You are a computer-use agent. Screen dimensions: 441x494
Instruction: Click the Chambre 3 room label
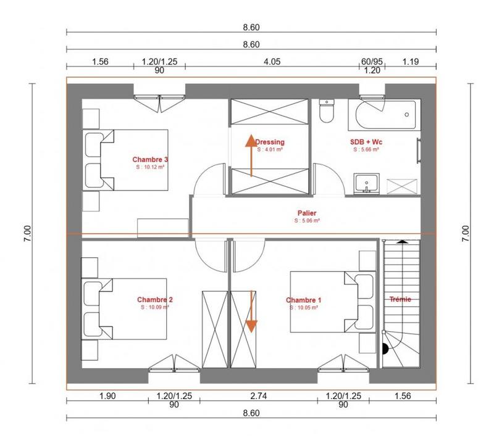coord(151,159)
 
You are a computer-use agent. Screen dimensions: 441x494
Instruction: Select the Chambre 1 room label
coord(303,300)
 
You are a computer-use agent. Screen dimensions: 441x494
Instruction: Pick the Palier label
coord(307,213)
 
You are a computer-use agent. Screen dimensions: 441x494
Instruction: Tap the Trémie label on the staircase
coord(401,300)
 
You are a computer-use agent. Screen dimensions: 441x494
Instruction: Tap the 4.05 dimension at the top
coord(272,62)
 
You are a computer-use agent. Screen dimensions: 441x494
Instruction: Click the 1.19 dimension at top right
coord(411,62)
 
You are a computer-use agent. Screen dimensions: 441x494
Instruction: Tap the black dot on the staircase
coord(386,349)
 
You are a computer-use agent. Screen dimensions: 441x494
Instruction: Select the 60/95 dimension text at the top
coord(372,62)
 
